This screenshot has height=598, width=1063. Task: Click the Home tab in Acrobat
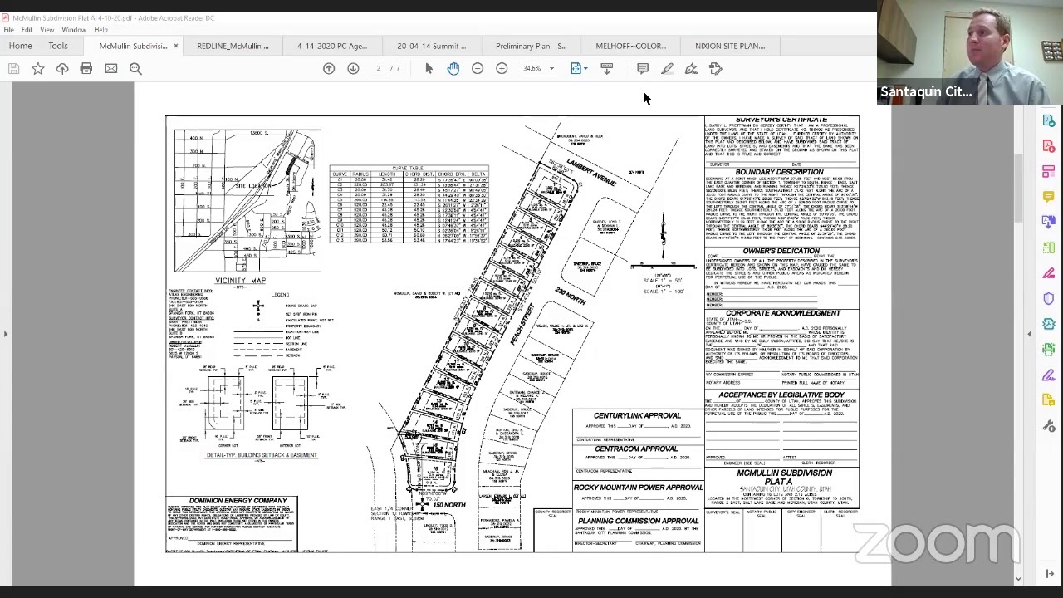20,46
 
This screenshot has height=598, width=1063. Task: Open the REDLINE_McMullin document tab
233,46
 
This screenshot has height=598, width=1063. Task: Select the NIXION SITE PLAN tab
729,46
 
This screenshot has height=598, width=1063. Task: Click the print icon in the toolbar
86,68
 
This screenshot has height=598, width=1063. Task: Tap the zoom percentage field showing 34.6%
532,68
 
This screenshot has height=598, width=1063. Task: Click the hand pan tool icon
453,68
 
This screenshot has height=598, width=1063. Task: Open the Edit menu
27,30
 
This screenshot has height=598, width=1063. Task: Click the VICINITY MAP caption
240,281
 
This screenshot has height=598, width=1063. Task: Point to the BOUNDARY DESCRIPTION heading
779,172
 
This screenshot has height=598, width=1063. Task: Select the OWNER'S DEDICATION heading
781,251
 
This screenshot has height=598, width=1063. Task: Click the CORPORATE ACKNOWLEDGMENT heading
783,313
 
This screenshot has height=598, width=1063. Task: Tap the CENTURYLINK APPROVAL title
637,415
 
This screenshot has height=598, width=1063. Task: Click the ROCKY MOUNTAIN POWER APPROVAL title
638,488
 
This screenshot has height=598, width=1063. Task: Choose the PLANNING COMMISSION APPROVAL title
638,521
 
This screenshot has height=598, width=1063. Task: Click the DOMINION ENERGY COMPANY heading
232,501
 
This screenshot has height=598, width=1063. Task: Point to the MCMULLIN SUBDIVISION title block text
784,473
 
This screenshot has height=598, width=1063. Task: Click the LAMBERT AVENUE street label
591,170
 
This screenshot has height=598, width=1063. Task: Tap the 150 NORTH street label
448,505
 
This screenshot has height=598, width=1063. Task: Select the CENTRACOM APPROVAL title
636,448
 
